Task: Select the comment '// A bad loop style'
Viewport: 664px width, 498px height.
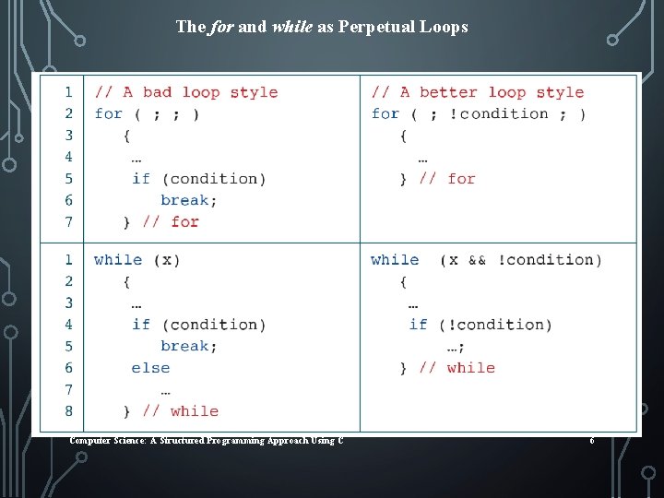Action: pyautogui.click(x=186, y=92)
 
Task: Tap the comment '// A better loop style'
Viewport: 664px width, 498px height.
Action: pyautogui.click(x=478, y=92)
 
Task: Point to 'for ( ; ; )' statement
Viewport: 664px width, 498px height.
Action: pyautogui.click(x=147, y=113)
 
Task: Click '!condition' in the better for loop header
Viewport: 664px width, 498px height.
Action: pyautogui.click(x=504, y=113)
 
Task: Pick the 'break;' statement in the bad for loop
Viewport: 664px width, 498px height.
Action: pyautogui.click(x=189, y=200)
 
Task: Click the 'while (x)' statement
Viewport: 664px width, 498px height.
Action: pyautogui.click(x=137, y=260)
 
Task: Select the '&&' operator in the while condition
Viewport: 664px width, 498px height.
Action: pyautogui.click(x=477, y=260)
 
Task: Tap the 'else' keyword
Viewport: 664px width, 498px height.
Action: pyautogui.click(x=150, y=367)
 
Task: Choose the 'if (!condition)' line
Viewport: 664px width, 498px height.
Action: pyautogui.click(x=480, y=325)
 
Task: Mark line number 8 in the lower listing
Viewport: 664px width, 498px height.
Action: pyautogui.click(x=68, y=410)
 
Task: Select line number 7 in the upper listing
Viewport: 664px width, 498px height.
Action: pyautogui.click(x=68, y=221)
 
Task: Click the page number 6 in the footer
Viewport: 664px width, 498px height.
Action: pyautogui.click(x=592, y=441)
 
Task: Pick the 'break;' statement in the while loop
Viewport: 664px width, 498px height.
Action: pyautogui.click(x=189, y=346)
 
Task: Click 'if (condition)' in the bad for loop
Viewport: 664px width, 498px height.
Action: pyautogui.click(x=198, y=178)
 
